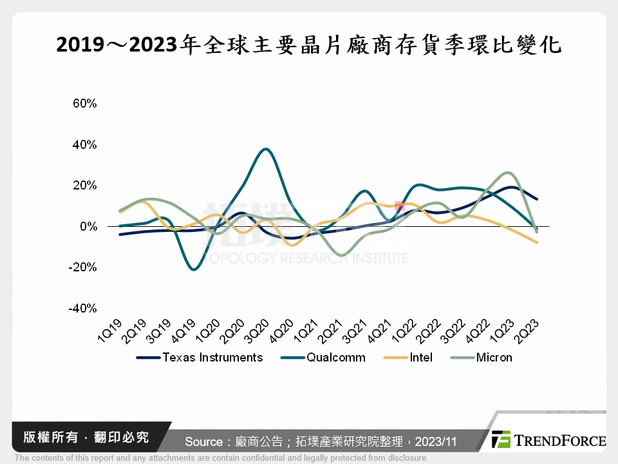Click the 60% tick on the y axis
[x=84, y=103]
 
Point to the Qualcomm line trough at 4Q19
[x=194, y=269]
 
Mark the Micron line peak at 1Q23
[x=508, y=173]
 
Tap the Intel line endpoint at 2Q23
[x=538, y=243]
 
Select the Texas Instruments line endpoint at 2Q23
[x=538, y=199]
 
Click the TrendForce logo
[x=548, y=440]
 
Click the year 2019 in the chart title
[x=77, y=44]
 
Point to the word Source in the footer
[x=204, y=441]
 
